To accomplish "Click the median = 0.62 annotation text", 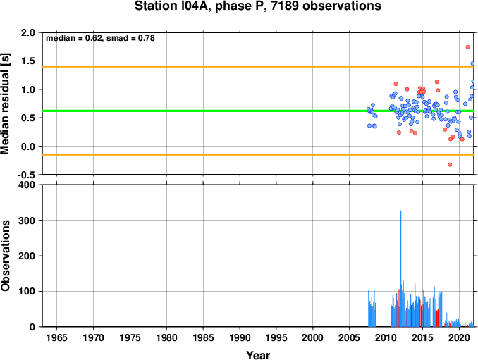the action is [x=73, y=38].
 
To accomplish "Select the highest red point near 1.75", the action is [x=467, y=47].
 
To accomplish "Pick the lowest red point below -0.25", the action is [x=450, y=165].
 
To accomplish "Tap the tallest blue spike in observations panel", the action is [x=401, y=268].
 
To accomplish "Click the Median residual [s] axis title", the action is [x=6, y=104].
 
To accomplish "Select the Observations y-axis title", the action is [x=6, y=256].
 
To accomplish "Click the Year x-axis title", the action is [x=258, y=355].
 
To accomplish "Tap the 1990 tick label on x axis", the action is [x=240, y=337].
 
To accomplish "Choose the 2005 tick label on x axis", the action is [x=350, y=337].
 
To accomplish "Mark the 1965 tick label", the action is [x=57, y=337].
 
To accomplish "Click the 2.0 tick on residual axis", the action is [x=28, y=32].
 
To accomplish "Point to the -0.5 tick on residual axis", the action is [x=26, y=175].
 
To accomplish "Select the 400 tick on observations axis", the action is [x=27, y=185].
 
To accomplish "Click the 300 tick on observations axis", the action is [x=27, y=221].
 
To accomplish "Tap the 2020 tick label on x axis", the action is [x=459, y=337].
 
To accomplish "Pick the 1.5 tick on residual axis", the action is [x=28, y=61].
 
